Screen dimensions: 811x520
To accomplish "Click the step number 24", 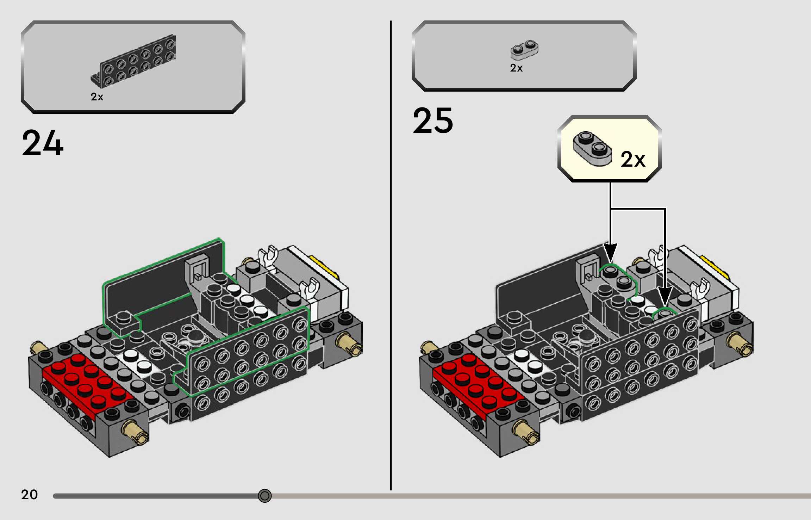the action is [43, 143].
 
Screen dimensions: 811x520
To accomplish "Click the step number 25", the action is [433, 121].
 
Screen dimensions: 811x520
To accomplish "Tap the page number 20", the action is [29, 495].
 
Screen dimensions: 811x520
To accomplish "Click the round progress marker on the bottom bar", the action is [264, 496].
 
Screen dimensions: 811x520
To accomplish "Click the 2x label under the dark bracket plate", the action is [97, 97].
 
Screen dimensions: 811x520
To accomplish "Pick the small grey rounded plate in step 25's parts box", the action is [524, 50].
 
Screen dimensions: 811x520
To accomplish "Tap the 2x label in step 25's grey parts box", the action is [516, 68].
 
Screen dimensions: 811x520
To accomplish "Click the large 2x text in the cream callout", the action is [633, 159].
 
